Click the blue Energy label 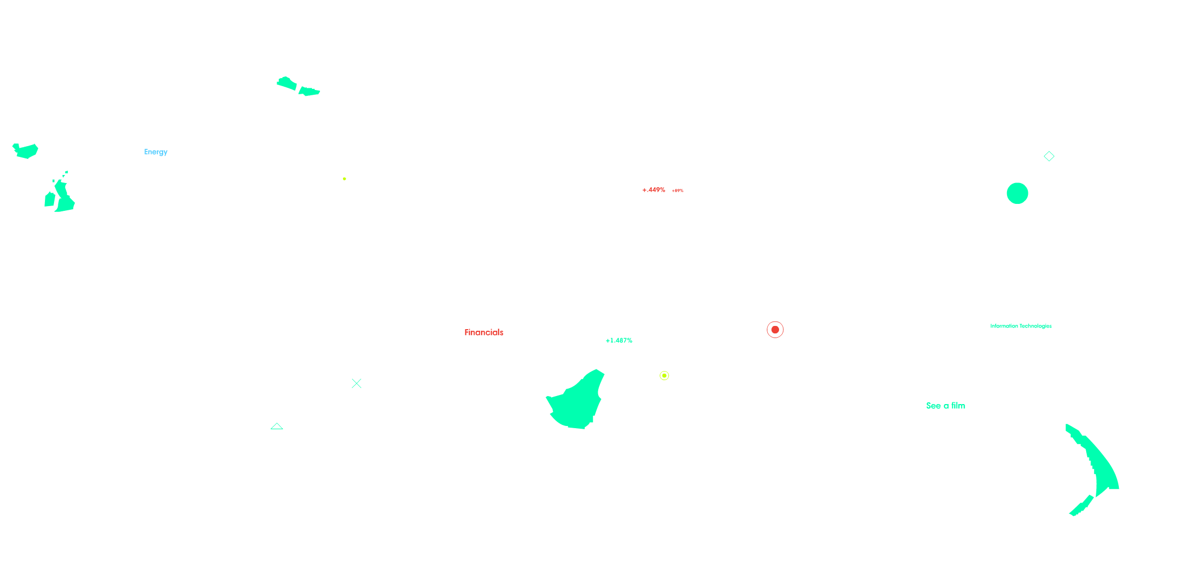coord(156,152)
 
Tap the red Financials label coord(484,332)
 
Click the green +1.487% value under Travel coord(619,340)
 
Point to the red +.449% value coord(654,190)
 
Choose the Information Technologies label coord(1020,326)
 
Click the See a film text coord(945,406)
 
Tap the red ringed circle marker coord(775,330)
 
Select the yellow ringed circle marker coord(664,376)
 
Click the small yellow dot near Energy coord(345,179)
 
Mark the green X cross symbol coord(356,383)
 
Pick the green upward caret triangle coord(277,426)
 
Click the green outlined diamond coord(1049,156)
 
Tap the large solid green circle coord(1017,193)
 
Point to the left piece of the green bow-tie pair coord(287,83)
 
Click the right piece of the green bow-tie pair coord(309,92)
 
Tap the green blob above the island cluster coord(26,151)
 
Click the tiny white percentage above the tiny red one coord(677,186)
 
